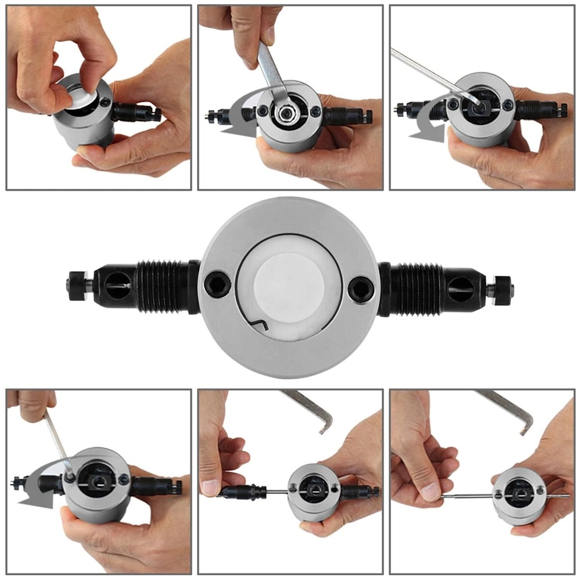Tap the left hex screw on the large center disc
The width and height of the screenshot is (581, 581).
click(217, 285)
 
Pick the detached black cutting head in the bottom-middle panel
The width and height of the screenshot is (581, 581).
click(244, 492)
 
